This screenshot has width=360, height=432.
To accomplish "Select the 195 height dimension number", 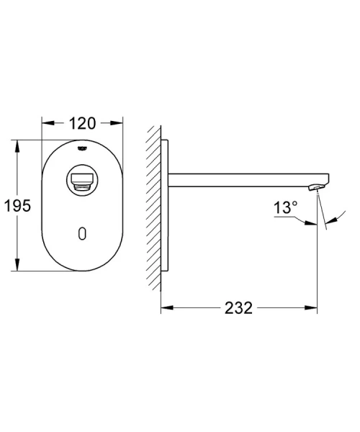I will (16, 206).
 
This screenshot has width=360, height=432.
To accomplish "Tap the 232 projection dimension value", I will (238, 307).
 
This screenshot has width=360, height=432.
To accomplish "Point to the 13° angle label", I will (285, 209).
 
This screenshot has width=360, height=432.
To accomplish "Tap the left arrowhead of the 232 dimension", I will (164, 307).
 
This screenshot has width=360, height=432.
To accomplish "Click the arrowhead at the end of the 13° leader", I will (314, 223).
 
